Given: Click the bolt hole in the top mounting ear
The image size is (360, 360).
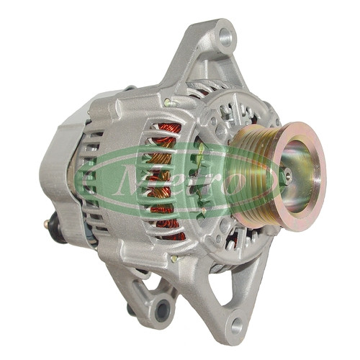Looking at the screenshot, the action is [226, 37].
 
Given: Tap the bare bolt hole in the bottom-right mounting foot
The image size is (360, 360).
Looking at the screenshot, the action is [236, 325].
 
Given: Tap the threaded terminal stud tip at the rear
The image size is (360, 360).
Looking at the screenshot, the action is [45, 225].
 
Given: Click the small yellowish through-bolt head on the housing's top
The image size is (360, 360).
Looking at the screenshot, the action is [167, 102].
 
